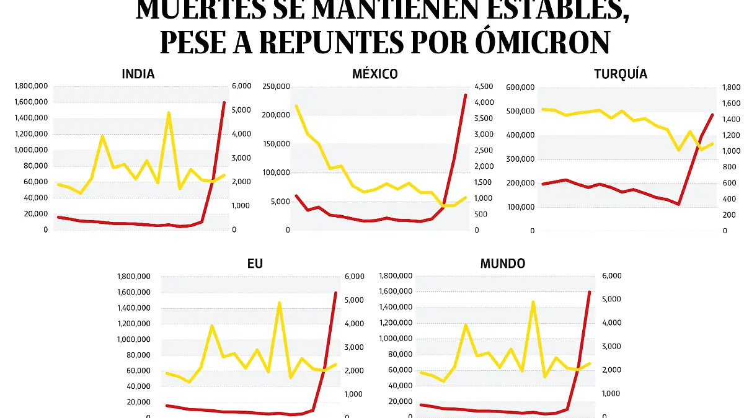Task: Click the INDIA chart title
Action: click(138, 74)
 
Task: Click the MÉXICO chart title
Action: click(374, 74)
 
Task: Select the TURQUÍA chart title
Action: click(620, 74)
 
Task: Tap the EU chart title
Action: click(255, 264)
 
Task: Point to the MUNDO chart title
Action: click(502, 264)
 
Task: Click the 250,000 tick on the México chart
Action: click(277, 86)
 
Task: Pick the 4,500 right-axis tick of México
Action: click(485, 86)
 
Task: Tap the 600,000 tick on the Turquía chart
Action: click(520, 87)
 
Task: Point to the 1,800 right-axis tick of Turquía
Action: click(732, 87)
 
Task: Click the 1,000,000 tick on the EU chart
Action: click(133, 339)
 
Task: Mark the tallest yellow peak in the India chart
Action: click(168, 112)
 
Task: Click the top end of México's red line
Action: click(465, 95)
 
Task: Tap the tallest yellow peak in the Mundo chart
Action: click(533, 302)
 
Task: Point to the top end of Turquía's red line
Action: click(712, 115)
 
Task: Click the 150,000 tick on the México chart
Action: click(277, 144)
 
